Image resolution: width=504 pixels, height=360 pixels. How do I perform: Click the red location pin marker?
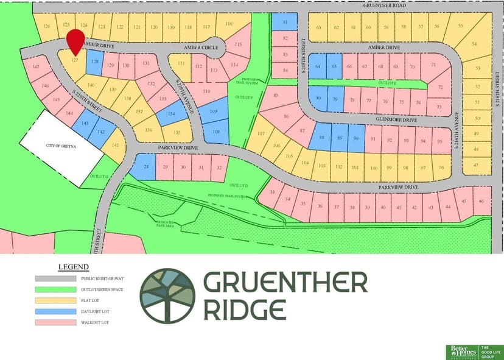coord(75,41)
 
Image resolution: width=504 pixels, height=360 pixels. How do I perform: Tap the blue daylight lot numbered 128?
coord(95,62)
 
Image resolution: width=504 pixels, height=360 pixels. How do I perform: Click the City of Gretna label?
coord(61,147)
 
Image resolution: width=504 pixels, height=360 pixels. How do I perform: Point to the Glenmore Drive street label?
coord(396,120)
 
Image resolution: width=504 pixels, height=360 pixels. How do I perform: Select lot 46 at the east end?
coord(481,201)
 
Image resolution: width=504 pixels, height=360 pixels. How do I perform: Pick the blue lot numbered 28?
coord(145,167)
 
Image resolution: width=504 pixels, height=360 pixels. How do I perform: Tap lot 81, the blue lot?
coord(285,23)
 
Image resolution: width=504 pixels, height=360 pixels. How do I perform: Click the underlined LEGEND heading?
coord(73,267)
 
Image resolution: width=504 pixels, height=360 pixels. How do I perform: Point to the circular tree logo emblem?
coord(167,295)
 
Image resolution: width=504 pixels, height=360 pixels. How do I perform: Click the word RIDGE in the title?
coord(244,309)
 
